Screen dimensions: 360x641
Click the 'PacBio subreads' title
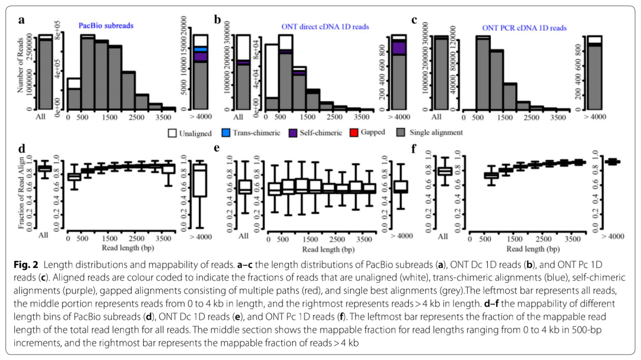(106, 27)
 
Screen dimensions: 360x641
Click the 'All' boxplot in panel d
(43, 168)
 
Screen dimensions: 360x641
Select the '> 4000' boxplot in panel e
(400, 186)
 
